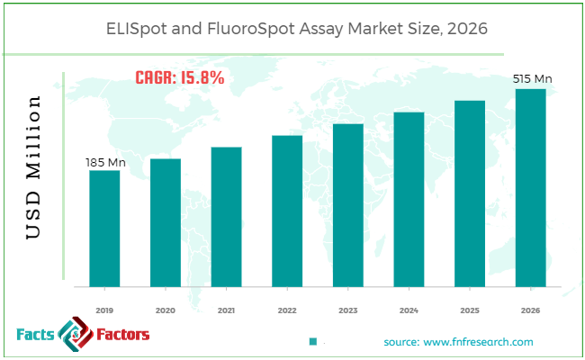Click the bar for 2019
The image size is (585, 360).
click(104, 229)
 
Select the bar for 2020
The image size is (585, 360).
click(165, 222)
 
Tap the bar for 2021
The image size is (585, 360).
click(226, 217)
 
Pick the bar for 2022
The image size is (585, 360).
click(287, 211)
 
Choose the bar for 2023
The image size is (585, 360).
click(347, 205)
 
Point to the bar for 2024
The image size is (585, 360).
click(409, 199)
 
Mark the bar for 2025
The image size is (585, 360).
click(469, 193)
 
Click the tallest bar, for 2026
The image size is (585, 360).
click(530, 187)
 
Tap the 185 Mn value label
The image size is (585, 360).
click(103, 162)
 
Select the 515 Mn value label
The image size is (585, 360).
click(532, 79)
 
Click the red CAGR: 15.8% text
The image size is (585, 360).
click(180, 78)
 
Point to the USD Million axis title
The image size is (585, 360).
click(33, 167)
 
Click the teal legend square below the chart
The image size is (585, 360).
click(313, 342)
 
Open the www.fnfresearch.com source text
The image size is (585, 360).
click(458, 342)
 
